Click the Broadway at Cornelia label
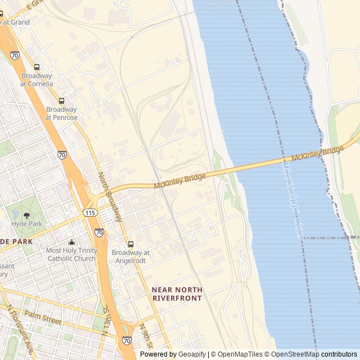point(37,80)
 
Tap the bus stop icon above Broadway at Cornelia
point(37,67)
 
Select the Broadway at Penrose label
point(61,114)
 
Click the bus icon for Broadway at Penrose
point(62,101)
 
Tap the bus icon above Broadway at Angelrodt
point(130,244)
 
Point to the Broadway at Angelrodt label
point(130,256)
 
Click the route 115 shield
point(89,213)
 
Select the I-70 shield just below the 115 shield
point(99,232)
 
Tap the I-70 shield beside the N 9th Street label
point(127,340)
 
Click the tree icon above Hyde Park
point(26,215)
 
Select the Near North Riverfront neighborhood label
point(177,294)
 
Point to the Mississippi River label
point(293,201)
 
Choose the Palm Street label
point(43,318)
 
